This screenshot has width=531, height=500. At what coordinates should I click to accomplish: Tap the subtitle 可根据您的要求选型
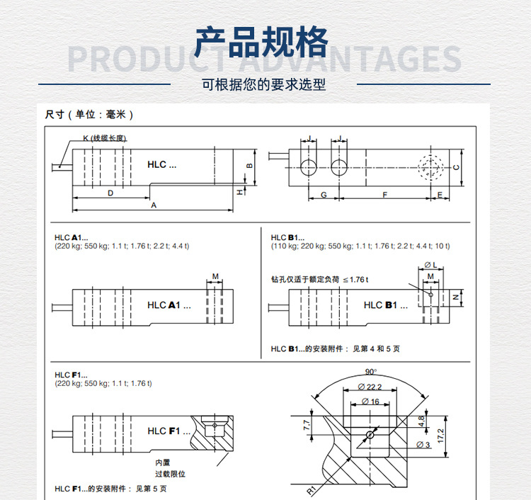(x=263, y=85)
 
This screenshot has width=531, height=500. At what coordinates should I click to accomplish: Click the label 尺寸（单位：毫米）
(x=88, y=115)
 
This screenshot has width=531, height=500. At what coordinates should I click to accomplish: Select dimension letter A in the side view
(x=154, y=205)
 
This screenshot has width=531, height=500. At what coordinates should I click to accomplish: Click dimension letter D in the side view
(x=110, y=193)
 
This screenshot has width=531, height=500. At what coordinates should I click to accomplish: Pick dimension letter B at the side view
(x=249, y=165)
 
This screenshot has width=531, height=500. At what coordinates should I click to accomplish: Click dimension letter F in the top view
(x=384, y=194)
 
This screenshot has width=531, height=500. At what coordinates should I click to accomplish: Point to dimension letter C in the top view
(x=457, y=167)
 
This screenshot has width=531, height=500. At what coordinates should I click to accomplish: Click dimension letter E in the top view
(x=440, y=194)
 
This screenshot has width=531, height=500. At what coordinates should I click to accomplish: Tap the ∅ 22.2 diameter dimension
(x=370, y=387)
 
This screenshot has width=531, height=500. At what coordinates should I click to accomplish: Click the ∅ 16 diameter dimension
(x=370, y=402)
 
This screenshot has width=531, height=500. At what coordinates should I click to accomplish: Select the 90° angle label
(x=370, y=372)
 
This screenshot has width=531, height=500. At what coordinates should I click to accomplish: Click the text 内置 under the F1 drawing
(x=163, y=462)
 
